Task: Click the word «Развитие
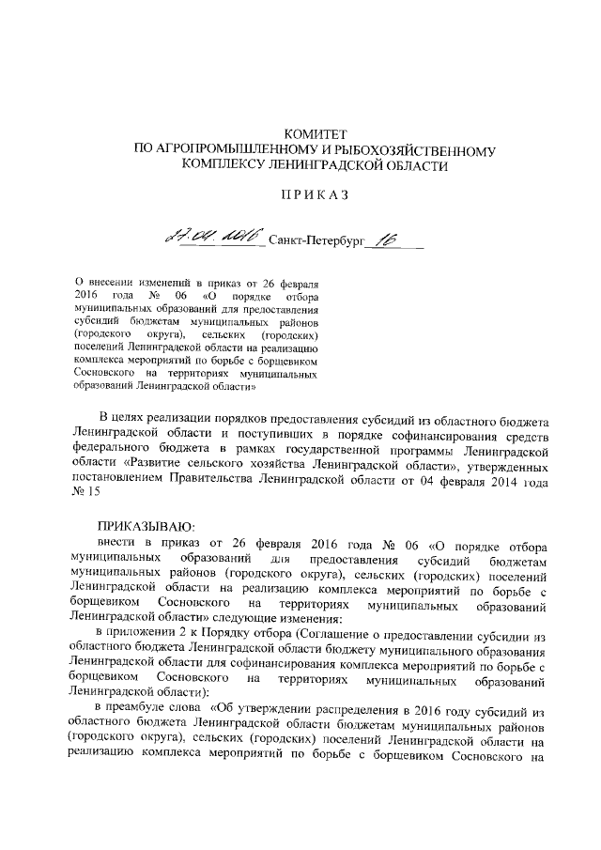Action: coord(155,465)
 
